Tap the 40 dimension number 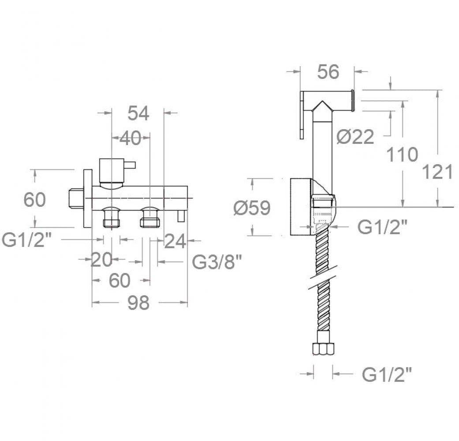click(x=130, y=138)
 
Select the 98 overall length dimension click(x=138, y=303)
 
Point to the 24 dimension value click(x=175, y=241)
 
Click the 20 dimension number click(x=101, y=259)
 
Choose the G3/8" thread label click(x=217, y=262)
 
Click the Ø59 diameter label click(x=252, y=208)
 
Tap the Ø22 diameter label click(x=355, y=137)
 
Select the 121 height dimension click(x=437, y=172)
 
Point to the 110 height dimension click(x=402, y=154)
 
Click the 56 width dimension click(x=328, y=72)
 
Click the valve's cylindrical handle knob click(x=112, y=171)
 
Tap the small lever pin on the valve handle click(x=130, y=165)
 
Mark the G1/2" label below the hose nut click(x=387, y=374)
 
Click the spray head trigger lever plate click(x=302, y=115)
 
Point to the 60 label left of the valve click(x=34, y=200)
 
